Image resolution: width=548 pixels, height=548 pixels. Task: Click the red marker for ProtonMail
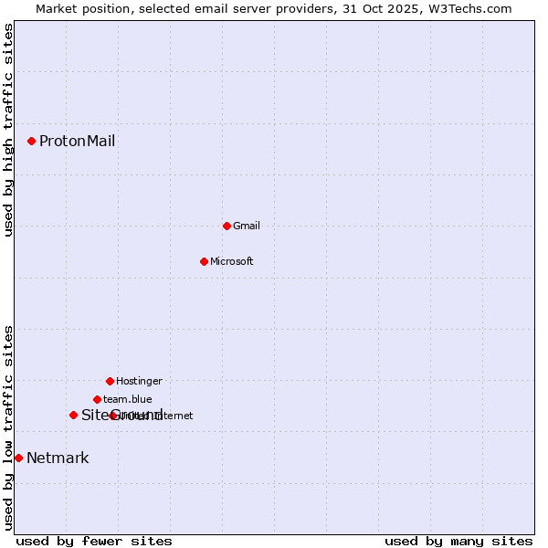pyautogui.click(x=31, y=141)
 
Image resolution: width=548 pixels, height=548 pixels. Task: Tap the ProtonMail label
pyautogui.click(x=77, y=141)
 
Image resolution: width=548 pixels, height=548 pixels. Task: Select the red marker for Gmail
pyautogui.click(x=227, y=226)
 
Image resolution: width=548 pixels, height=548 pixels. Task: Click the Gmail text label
pyautogui.click(x=247, y=226)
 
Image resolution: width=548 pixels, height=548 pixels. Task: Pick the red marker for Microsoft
pyautogui.click(x=204, y=261)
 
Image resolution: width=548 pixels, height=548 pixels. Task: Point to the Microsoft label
pyautogui.click(x=232, y=261)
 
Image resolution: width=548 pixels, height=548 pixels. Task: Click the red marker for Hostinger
pyautogui.click(x=110, y=381)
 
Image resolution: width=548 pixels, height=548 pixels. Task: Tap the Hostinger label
pyautogui.click(x=139, y=381)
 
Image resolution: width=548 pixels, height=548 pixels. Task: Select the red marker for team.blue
pyautogui.click(x=97, y=399)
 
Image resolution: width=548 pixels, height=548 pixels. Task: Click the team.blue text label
pyautogui.click(x=128, y=399)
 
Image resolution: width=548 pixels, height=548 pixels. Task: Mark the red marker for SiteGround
pyautogui.click(x=73, y=415)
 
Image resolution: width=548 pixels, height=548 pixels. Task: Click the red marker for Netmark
pyautogui.click(x=18, y=458)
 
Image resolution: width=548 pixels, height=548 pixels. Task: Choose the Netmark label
pyautogui.click(x=58, y=458)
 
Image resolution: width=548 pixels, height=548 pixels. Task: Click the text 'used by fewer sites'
pyautogui.click(x=94, y=541)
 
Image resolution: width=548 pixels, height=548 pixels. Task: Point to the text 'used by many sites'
pyautogui.click(x=458, y=541)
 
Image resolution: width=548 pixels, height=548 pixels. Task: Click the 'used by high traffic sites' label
pyautogui.click(x=9, y=130)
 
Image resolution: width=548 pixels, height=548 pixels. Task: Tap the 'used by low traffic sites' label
pyautogui.click(x=9, y=427)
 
